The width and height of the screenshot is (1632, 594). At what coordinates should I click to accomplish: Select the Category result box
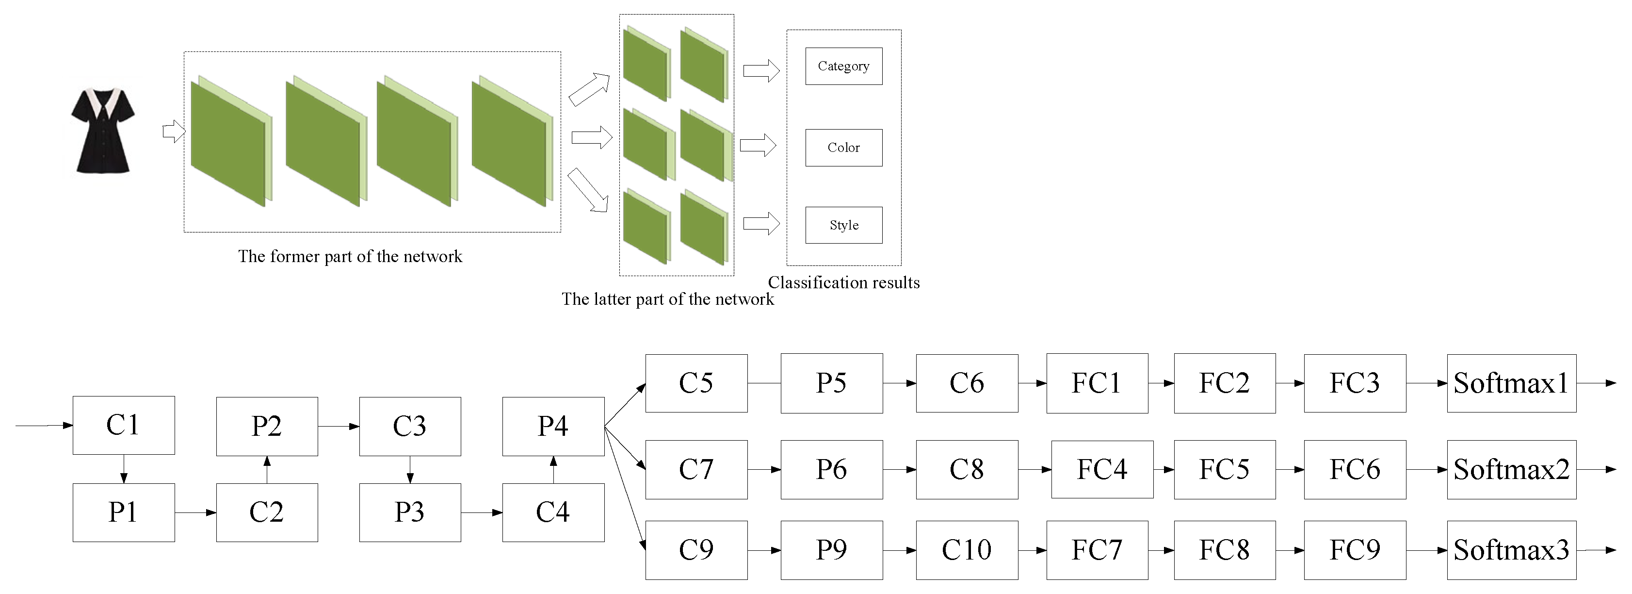pyautogui.click(x=843, y=66)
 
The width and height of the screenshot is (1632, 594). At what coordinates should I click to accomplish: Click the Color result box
pyautogui.click(x=843, y=148)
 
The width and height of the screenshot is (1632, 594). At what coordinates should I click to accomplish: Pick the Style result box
pyautogui.click(x=843, y=225)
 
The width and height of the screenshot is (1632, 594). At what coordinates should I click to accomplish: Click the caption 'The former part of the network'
pyautogui.click(x=350, y=257)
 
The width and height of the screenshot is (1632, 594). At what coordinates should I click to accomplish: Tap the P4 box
pyautogui.click(x=553, y=426)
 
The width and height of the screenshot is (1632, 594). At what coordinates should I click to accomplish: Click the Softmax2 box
pyautogui.click(x=1511, y=470)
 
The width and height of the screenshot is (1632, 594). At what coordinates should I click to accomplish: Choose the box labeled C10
pyautogui.click(x=967, y=550)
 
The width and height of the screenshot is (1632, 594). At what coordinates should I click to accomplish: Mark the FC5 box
pyautogui.click(x=1224, y=470)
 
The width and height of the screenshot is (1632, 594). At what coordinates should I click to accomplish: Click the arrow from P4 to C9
pyautogui.click(x=625, y=488)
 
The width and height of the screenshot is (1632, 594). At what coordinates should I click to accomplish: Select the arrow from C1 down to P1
pyautogui.click(x=124, y=469)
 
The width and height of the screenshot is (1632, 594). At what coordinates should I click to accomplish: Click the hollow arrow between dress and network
pyautogui.click(x=174, y=132)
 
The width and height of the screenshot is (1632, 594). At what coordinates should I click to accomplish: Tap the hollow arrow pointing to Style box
pyautogui.click(x=761, y=223)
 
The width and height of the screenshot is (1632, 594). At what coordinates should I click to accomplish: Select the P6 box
pyautogui.click(x=831, y=470)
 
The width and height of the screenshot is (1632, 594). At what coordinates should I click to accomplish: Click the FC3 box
pyautogui.click(x=1355, y=383)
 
